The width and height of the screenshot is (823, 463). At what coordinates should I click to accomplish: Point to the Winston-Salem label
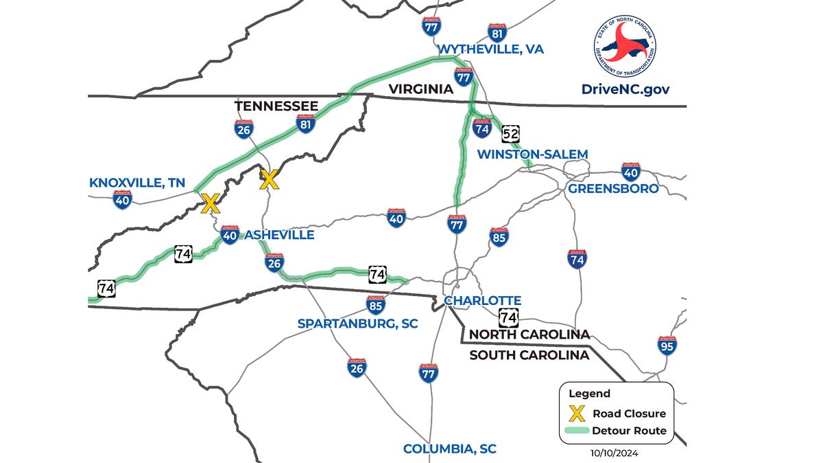point(533,153)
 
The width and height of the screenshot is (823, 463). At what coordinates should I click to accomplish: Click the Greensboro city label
point(612,188)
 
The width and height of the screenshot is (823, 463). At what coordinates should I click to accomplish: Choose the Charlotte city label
point(482,301)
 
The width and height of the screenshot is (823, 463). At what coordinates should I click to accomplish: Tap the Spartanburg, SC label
point(357,322)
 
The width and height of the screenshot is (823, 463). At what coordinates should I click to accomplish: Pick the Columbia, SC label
point(449,449)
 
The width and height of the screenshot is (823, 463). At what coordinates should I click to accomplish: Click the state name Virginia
point(420,89)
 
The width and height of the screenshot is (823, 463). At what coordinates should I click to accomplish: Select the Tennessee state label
point(276,106)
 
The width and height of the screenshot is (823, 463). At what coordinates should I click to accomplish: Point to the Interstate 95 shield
point(667,345)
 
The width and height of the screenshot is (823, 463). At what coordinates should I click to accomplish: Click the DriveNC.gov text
point(624,89)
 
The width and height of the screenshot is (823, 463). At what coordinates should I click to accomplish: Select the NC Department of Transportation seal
point(624,45)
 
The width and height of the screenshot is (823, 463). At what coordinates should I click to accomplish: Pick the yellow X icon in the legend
point(578,414)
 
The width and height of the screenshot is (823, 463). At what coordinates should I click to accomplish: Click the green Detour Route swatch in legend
point(579,431)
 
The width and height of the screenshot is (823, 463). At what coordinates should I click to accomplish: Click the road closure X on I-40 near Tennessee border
point(210,203)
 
